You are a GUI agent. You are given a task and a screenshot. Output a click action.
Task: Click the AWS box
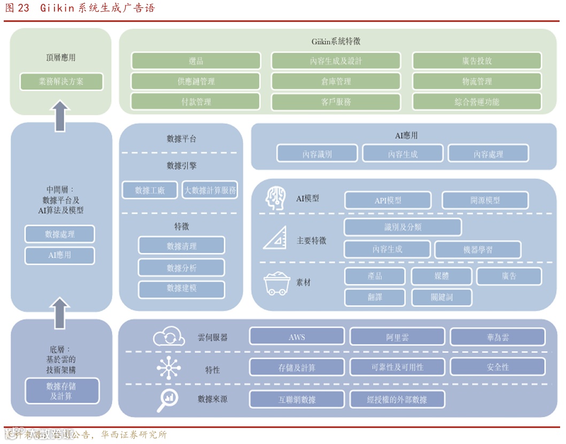pos(297,337)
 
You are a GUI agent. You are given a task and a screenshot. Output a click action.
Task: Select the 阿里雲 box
pos(397,337)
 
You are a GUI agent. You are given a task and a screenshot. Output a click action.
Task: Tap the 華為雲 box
pos(498,337)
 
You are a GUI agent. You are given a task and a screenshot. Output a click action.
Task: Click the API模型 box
pos(387,200)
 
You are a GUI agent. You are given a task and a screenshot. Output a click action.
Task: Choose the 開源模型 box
pos(485,200)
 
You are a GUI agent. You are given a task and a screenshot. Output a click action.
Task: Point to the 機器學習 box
pos(478,250)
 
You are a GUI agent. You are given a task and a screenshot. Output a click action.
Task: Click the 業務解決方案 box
pos(61,82)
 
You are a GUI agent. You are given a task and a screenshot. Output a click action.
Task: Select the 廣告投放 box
pos(477,61)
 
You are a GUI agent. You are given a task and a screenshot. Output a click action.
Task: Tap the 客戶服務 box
pos(336,102)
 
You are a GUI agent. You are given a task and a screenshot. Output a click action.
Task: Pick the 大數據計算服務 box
pos(210,190)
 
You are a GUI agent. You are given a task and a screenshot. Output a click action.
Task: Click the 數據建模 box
pos(181,289)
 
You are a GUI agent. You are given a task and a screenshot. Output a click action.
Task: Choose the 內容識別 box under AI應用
pos(317,154)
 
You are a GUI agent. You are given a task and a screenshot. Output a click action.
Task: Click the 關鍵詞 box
pos(441,297)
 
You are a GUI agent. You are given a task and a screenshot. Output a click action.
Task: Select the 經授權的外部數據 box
pos(397,399)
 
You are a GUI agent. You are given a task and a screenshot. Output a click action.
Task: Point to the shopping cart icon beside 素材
pos(276,283)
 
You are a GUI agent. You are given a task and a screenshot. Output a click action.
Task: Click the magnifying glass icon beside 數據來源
pos(168,400)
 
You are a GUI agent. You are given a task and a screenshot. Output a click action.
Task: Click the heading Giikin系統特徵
pos(336,42)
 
